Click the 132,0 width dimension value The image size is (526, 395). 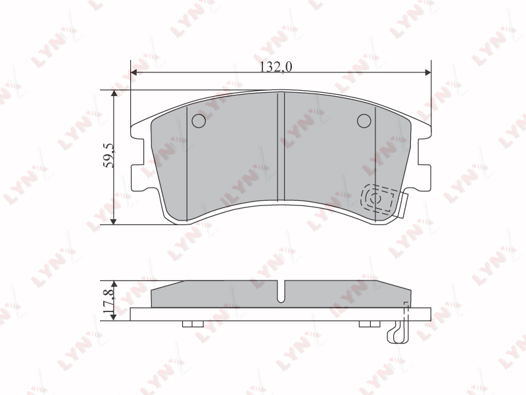[x=276, y=67]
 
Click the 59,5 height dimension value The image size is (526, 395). [x=108, y=155]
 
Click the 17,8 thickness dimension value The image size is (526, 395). [x=109, y=301]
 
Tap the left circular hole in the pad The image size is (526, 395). [x=199, y=120]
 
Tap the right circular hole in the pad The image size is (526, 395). [x=364, y=120]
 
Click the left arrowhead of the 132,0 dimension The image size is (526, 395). [x=134, y=72]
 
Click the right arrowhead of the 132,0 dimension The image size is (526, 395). [x=427, y=72]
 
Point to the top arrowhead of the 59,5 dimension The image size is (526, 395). [x=114, y=93]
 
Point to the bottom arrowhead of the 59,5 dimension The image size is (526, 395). [x=114, y=221]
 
